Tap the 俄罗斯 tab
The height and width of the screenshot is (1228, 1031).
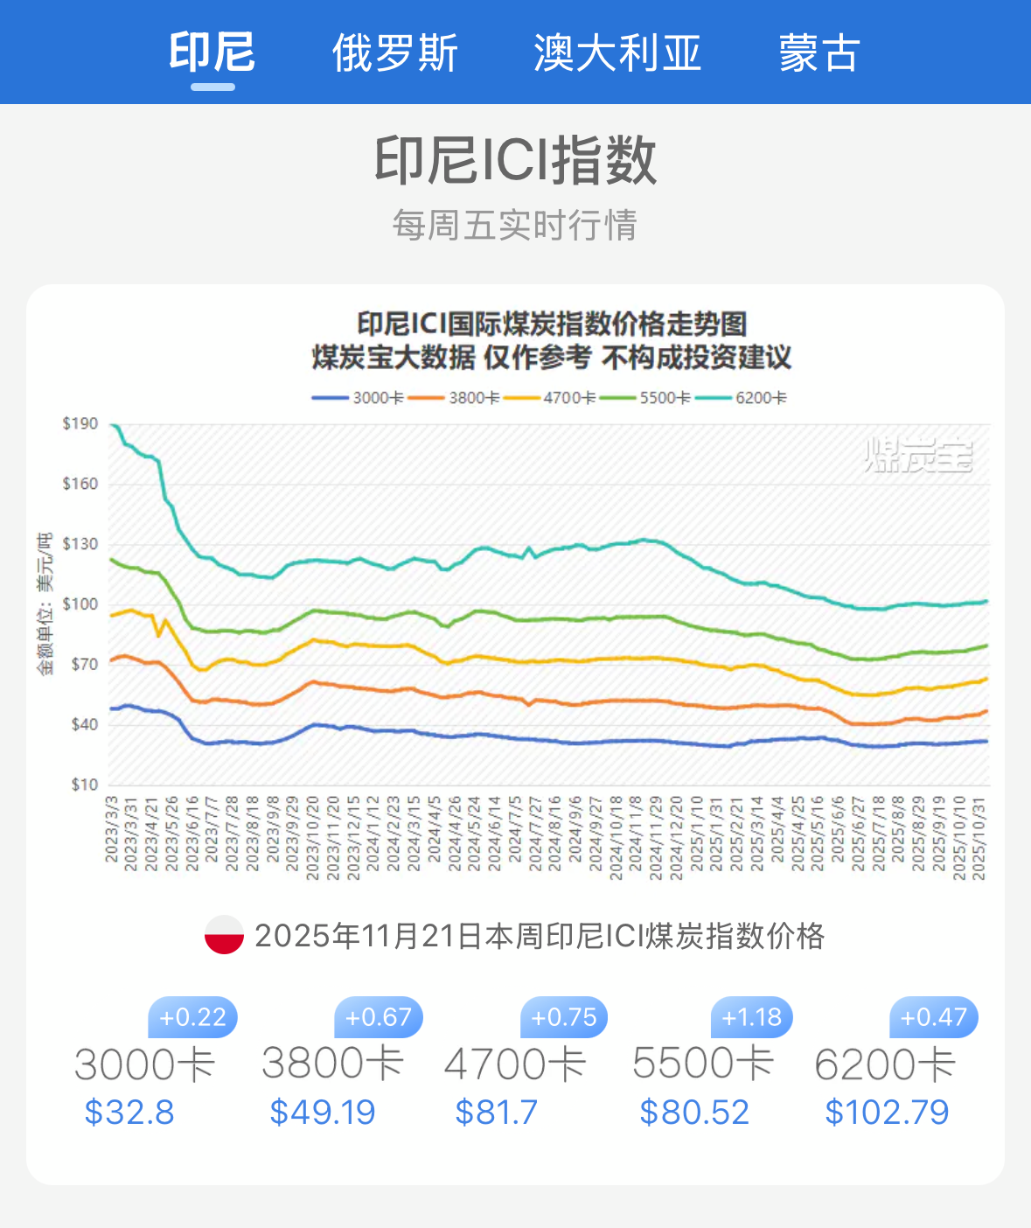pyautogui.click(x=395, y=53)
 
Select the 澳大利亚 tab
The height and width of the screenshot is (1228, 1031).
pyautogui.click(x=617, y=53)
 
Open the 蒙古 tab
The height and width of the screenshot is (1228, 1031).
pyautogui.click(x=819, y=53)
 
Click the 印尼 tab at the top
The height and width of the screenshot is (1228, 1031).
pyautogui.click(x=212, y=52)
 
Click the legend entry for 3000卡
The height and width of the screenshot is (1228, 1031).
pyautogui.click(x=359, y=398)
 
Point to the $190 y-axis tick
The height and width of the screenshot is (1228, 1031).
pyautogui.click(x=80, y=424)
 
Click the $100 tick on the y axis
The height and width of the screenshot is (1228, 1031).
pyautogui.click(x=80, y=604)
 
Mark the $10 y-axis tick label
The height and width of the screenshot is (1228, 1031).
pyautogui.click(x=84, y=785)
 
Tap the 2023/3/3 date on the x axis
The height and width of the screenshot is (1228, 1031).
pyautogui.click(x=112, y=828)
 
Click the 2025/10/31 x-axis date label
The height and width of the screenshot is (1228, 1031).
pyautogui.click(x=979, y=837)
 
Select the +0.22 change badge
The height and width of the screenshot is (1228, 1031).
pyautogui.click(x=193, y=1017)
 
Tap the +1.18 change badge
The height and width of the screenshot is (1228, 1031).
pyautogui.click(x=752, y=1017)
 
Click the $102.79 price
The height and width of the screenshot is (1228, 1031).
pyautogui.click(x=887, y=1113)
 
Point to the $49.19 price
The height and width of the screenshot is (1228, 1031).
pyautogui.click(x=323, y=1113)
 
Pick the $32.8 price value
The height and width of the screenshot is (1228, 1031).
pyautogui.click(x=129, y=1113)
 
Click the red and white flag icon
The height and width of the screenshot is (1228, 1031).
pyautogui.click(x=224, y=935)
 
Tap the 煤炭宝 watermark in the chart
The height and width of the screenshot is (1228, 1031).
pyautogui.click(x=918, y=455)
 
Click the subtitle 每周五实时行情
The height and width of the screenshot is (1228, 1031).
pyautogui.click(x=514, y=226)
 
